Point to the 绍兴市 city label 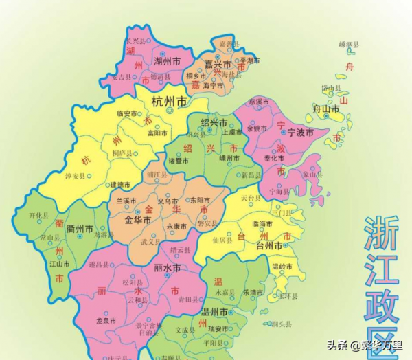pyautogui.click(x=214, y=122)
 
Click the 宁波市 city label pyautogui.click(x=299, y=132)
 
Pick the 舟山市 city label pyautogui.click(x=325, y=109)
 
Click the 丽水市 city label pyautogui.click(x=167, y=268)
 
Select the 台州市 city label pyautogui.click(x=269, y=245)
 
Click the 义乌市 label pyautogui.click(x=168, y=201)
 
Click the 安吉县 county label pyautogui.click(x=120, y=77)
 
